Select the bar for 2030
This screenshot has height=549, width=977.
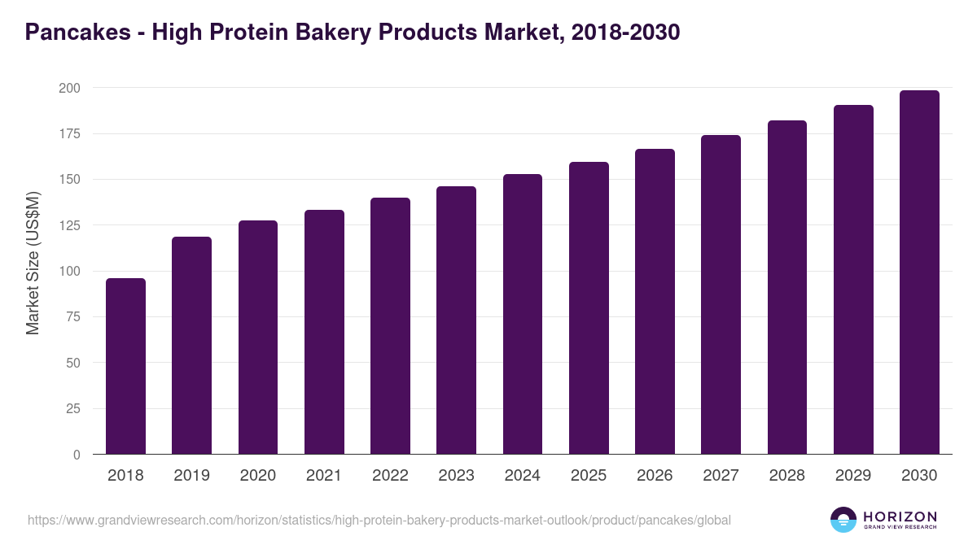919,272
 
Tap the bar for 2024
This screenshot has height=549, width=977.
523,314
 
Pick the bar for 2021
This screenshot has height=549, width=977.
324,332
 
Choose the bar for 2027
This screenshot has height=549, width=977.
721,294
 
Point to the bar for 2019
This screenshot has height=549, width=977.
191,346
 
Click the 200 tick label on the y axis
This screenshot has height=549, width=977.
70,88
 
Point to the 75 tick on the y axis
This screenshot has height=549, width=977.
73,317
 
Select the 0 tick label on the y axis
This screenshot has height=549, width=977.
77,455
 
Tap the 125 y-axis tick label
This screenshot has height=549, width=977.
70,225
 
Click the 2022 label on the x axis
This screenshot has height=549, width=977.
390,476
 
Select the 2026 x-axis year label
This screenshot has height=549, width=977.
655,476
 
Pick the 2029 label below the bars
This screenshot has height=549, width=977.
853,476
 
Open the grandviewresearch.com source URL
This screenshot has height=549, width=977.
379,520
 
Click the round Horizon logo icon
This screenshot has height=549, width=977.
843,520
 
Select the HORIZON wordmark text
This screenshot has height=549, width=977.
900,516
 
